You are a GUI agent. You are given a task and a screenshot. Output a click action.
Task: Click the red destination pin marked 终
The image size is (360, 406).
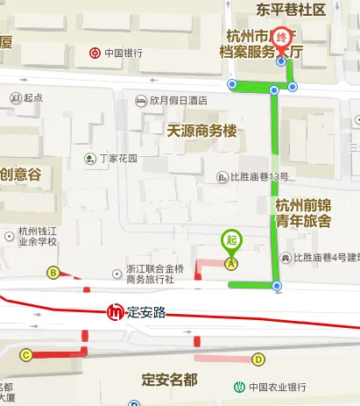pyautogui.click(x=281, y=39)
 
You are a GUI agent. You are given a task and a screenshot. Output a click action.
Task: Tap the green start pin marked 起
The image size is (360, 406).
pyautogui.click(x=231, y=240)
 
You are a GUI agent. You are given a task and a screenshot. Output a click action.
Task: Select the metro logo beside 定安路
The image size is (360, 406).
pyautogui.click(x=115, y=312)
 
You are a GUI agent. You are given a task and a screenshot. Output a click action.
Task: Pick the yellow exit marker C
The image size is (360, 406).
pyautogui.click(x=25, y=355)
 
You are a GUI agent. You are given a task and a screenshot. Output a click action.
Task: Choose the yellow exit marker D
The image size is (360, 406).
pyautogui.click(x=258, y=359)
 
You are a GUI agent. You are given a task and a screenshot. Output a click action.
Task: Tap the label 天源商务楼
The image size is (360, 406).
pyautogui.click(x=201, y=131)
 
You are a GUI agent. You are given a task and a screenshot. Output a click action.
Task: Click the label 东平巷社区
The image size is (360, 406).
pyautogui.click(x=290, y=10)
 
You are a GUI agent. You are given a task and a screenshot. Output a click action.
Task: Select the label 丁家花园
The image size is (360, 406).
pyautogui.click(x=118, y=159)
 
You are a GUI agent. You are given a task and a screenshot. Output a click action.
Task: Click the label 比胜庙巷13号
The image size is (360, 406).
pyautogui.click(x=259, y=177)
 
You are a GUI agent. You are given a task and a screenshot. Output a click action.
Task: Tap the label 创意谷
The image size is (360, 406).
pyautogui.click(x=20, y=174)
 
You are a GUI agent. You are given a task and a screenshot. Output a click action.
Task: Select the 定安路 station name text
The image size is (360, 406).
pyautogui.click(x=146, y=312)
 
